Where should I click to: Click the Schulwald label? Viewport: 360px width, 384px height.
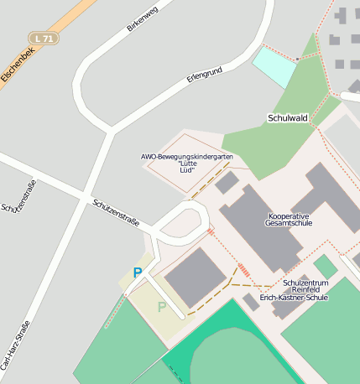tap(288, 118)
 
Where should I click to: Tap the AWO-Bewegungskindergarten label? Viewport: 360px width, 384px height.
tap(185, 157)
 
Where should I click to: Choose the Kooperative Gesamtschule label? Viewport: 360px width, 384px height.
tap(288, 218)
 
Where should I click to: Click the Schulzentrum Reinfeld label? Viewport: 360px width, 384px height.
tap(305, 283)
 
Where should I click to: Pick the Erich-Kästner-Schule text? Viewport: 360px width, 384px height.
tap(294, 297)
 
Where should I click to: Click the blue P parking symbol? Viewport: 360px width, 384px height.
tap(138, 272)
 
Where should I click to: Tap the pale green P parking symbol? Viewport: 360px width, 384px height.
tap(162, 307)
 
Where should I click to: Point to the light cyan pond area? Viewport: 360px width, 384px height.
tap(274, 66)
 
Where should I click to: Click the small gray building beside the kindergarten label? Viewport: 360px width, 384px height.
tap(227, 182)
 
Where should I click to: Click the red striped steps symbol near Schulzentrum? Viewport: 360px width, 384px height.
tap(244, 271)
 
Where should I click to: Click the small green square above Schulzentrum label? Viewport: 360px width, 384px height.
tap(325, 267)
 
